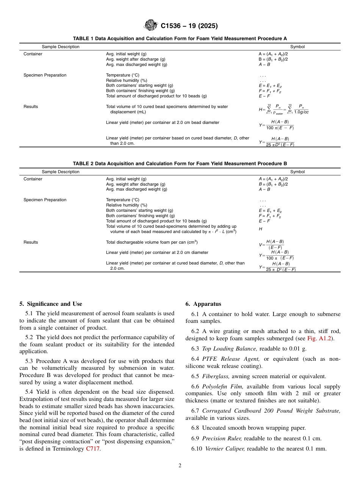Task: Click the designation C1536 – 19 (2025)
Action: [x=189, y=26]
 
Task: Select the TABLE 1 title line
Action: [x=180, y=39]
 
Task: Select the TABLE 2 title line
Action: [x=180, y=163]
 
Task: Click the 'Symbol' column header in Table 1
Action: [x=297, y=47]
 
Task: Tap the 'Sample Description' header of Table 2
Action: [x=61, y=172]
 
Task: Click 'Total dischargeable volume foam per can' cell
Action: [x=152, y=242]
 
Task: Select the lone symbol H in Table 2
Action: [x=260, y=229]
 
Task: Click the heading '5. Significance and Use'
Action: [x=51, y=304]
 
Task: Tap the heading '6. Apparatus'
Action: [x=203, y=304]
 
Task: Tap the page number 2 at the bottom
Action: [x=180, y=466]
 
